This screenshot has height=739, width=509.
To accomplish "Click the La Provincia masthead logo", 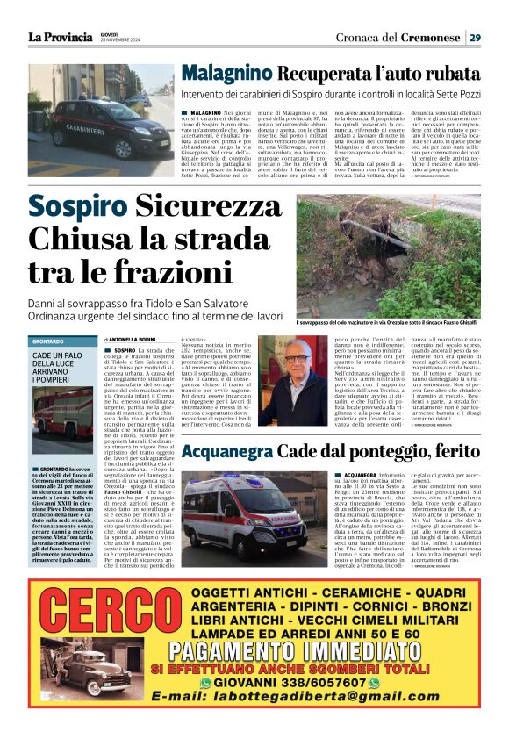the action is point(60,37).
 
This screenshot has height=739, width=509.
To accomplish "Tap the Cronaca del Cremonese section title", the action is point(398,37).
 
